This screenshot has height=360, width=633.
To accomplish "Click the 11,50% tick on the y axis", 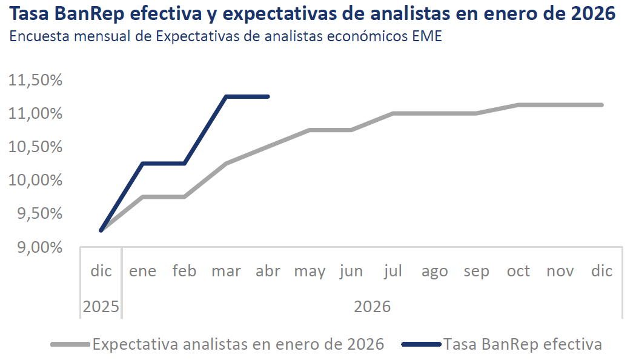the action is (x=36, y=80).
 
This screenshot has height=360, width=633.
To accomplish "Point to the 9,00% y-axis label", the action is (x=39, y=247).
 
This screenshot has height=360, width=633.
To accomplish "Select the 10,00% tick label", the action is (x=36, y=180).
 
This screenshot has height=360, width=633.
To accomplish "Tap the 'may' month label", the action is (x=310, y=272).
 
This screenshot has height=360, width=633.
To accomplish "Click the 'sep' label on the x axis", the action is (x=476, y=272).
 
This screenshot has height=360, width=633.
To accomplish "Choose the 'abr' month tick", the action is (x=268, y=271).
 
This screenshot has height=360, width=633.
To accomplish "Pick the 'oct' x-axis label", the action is (x=519, y=271).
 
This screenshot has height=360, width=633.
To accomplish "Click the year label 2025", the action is (x=101, y=307).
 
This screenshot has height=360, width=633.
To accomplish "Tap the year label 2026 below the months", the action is (x=372, y=307).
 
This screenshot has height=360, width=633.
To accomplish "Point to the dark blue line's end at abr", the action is (x=268, y=96).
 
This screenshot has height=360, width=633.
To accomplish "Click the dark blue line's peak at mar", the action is (x=226, y=96).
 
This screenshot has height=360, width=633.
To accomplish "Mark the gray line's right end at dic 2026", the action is (x=602, y=105).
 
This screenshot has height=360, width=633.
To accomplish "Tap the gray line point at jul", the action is (x=393, y=113).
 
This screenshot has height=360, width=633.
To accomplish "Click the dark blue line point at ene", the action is (x=142, y=163).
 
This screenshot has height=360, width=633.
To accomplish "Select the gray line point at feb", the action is (x=185, y=197).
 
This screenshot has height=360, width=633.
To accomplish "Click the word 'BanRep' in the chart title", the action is (x=90, y=13).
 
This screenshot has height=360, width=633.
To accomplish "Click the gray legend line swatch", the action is (x=70, y=344).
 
